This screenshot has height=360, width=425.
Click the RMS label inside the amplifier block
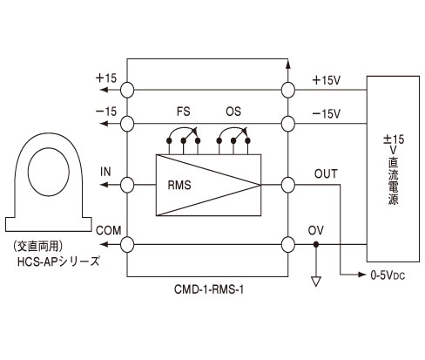pos(179,185)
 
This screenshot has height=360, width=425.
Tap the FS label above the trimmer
pos(183,112)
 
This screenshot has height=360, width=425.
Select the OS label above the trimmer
pos(233,112)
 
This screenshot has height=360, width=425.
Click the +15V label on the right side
pos(326,80)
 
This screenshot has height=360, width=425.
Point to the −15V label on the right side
pos(326,114)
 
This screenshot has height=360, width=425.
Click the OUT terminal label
pos(326,174)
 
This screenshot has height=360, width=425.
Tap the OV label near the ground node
pos(316,231)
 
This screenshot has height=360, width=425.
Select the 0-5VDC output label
pos(388,275)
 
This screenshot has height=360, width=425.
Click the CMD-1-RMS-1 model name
pos(209,289)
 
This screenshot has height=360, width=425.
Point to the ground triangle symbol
pos(316,282)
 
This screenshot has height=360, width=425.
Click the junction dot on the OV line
pos(316,245)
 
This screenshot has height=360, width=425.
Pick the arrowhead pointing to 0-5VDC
pos(362,275)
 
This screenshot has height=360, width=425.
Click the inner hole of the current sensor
pos(49,172)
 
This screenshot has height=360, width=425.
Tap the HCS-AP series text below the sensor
pos(58,262)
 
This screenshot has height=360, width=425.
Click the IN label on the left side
pos(105,172)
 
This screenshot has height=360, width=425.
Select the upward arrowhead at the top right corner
pos(288,65)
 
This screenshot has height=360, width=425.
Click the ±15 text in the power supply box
pos(394,139)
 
